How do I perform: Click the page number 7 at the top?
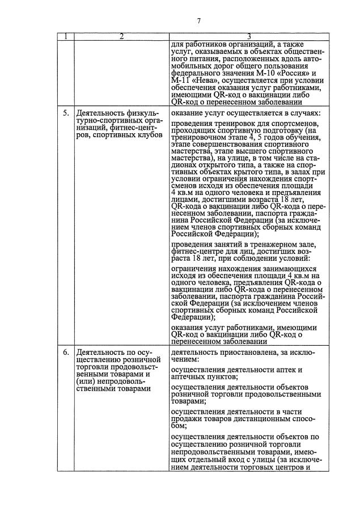(x=198, y=21)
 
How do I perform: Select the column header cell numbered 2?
(x=121, y=37)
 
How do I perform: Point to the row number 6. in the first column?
(x=67, y=352)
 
